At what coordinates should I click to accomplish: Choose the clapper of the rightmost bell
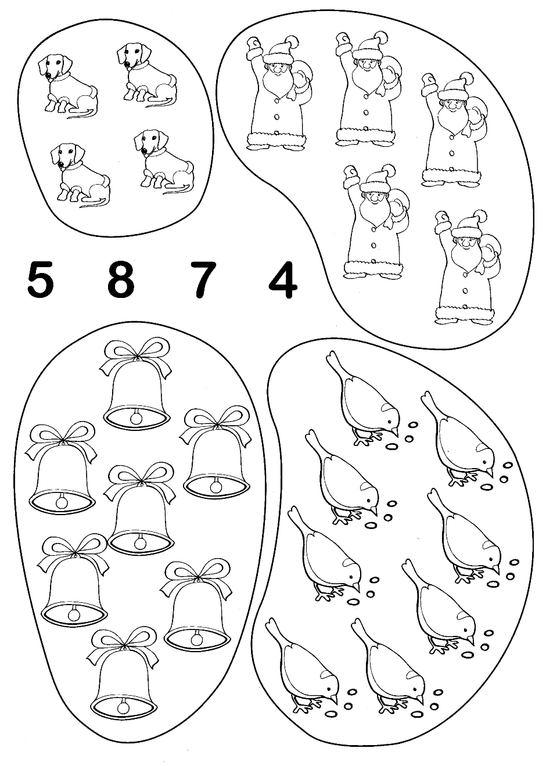[215, 486]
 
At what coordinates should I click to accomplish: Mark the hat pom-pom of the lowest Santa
[481, 215]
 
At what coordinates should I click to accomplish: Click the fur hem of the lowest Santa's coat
[464, 312]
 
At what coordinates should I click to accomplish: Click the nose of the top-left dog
[49, 75]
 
